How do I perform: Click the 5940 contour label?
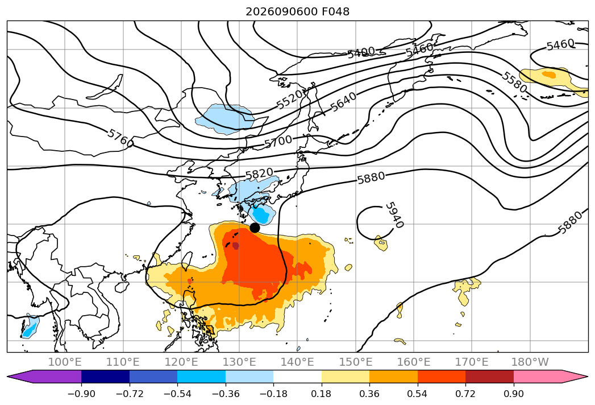click(x=394, y=214)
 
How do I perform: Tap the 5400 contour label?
click(x=361, y=52)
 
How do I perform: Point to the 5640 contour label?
click(x=343, y=102)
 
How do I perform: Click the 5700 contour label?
click(x=278, y=142)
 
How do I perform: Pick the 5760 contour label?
click(x=120, y=138)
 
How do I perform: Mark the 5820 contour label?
click(x=259, y=174)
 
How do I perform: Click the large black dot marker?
click(x=255, y=228)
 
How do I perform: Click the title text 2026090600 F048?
click(x=298, y=11)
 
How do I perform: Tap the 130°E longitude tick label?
click(x=239, y=362)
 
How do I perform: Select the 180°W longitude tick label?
click(x=530, y=362)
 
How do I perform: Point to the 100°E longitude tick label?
click(x=65, y=362)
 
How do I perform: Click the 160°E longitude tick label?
click(x=414, y=362)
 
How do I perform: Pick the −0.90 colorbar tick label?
click(x=81, y=394)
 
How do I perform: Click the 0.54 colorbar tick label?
click(x=418, y=394)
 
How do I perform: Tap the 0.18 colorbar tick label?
click(x=322, y=394)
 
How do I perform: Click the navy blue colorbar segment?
click(x=105, y=377)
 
